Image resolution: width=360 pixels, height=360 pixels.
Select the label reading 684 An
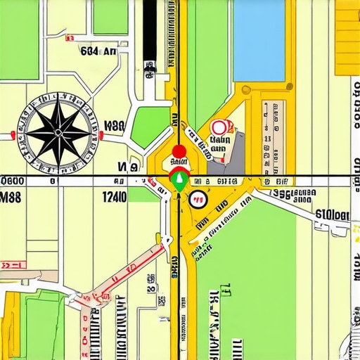tap(98, 51)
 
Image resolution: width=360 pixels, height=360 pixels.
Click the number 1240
tap(113, 198)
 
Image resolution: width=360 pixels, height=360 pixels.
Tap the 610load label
tap(332, 215)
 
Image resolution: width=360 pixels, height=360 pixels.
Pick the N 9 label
tap(127, 167)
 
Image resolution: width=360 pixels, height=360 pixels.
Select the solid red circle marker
tap(179, 151)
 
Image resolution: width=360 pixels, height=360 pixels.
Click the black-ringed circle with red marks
tap(198, 198)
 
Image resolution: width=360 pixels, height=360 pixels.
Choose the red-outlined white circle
tap(219, 127)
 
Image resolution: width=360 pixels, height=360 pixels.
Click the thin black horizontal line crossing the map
tap(281, 175)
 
